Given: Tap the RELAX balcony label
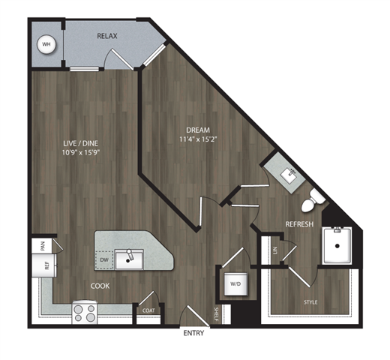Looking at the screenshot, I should tap(107, 35).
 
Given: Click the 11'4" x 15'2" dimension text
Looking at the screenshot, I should tap(195, 139).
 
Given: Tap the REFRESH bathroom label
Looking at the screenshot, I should tap(299, 224).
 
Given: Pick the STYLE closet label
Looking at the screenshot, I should tap(310, 302).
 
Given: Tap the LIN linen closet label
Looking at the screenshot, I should tap(276, 250).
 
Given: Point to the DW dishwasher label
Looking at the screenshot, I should tap(104, 260).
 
